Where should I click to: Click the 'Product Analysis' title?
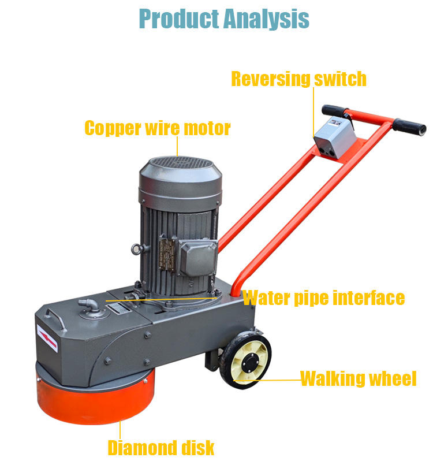point(224,18)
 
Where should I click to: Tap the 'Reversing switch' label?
point(298,79)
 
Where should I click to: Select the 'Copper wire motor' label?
point(157,128)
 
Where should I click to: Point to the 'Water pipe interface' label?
point(323,298)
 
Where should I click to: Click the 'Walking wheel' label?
point(358,379)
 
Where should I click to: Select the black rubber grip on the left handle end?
point(334,110)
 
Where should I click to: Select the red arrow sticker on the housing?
point(47,339)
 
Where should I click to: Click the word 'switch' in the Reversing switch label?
point(339,79)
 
